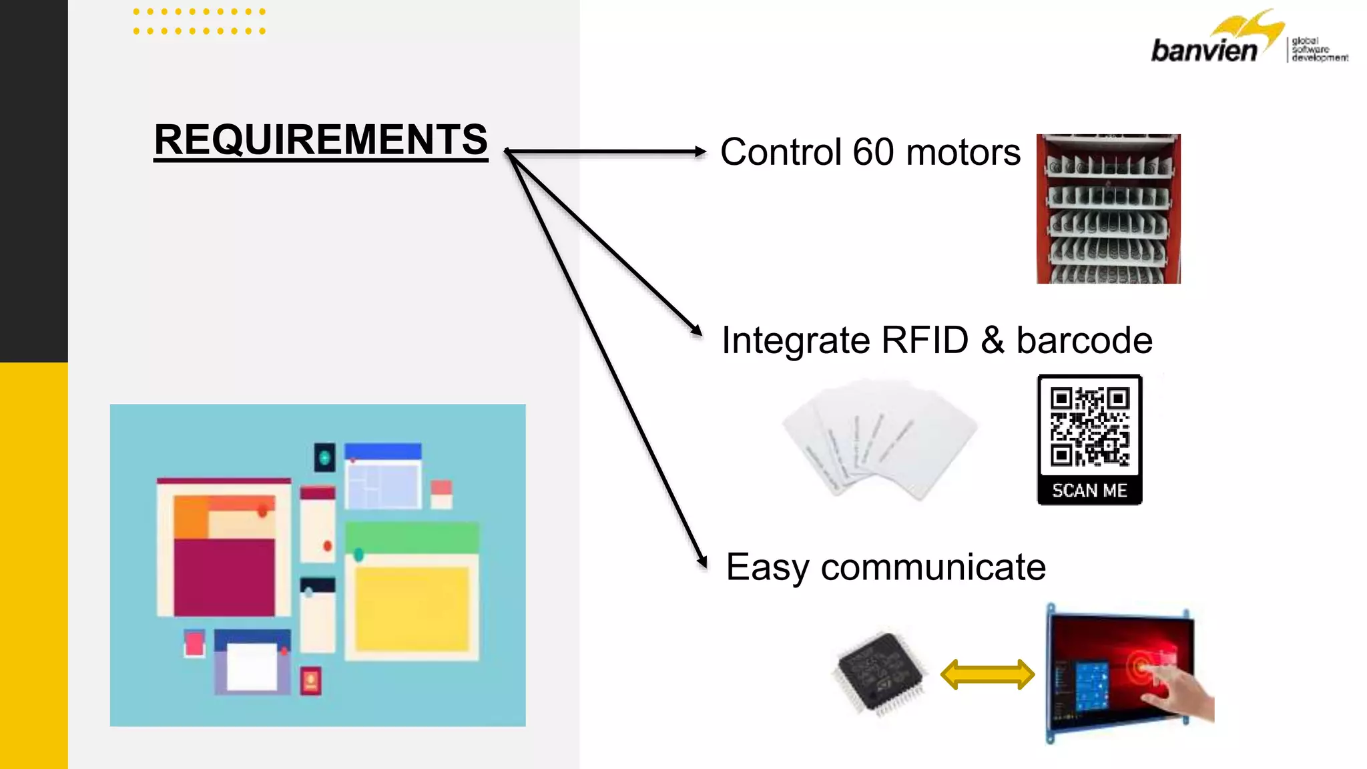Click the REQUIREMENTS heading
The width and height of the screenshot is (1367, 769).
point(320,140)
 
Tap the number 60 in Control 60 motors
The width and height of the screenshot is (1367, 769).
point(872,152)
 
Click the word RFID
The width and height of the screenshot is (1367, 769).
point(924,340)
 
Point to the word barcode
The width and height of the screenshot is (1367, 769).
point(1084,340)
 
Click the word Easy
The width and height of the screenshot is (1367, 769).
point(767,567)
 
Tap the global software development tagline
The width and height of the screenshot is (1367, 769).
point(1319,49)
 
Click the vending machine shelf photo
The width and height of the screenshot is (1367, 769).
point(1108,209)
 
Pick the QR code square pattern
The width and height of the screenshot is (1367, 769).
point(1089,427)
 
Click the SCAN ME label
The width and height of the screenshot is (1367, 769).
point(1089,491)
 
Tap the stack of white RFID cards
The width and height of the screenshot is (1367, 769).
point(880,437)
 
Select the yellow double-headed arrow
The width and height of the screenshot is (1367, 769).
point(987,674)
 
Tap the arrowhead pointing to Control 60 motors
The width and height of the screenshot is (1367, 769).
point(700,152)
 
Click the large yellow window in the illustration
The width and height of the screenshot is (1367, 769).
point(411,607)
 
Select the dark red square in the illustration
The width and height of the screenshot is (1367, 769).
point(224,577)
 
